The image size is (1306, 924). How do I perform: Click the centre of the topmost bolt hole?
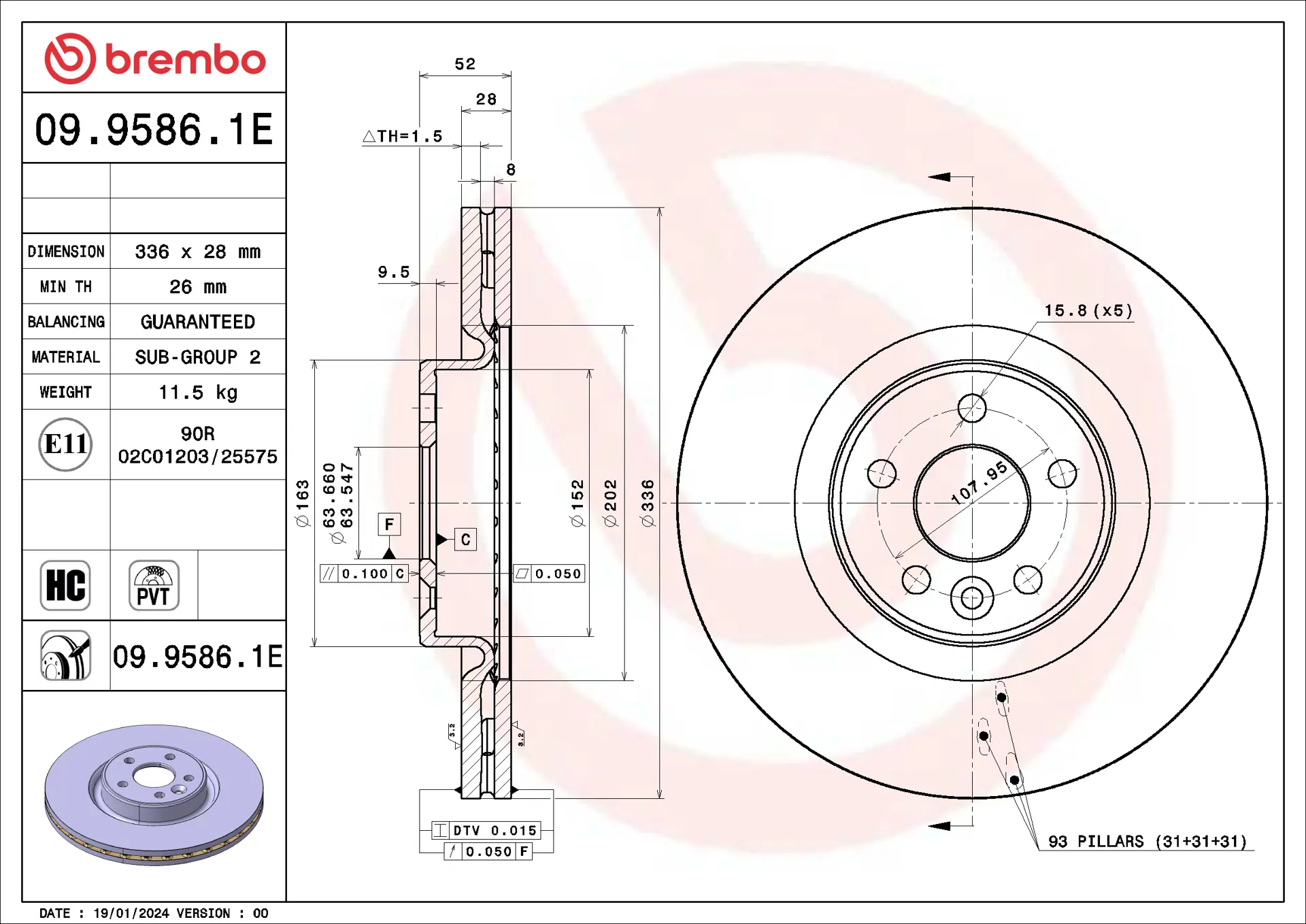coord(972,408)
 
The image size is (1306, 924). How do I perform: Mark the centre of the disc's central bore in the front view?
coord(972,503)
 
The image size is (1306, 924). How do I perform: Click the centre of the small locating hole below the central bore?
coord(972,598)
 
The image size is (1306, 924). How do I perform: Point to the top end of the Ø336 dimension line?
coord(660,208)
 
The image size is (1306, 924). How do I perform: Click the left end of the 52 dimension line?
coord(420,75)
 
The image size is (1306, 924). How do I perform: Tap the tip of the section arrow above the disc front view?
coord(929,177)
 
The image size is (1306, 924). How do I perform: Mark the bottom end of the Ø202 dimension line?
coord(624,680)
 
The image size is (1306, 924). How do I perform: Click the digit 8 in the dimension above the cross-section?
coord(511,169)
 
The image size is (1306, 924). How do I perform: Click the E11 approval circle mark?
coord(65,444)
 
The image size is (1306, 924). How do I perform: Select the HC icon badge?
coord(65,585)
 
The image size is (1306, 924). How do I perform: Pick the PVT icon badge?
coord(154,585)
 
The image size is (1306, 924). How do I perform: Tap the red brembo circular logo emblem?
coord(70,59)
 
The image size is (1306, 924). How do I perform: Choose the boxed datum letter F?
coord(389,524)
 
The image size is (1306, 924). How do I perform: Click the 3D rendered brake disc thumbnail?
coord(154,795)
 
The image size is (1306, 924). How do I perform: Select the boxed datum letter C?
coord(465,540)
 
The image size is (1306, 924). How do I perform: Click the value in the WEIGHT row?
coord(198,392)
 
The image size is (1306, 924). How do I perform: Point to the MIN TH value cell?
coord(198,286)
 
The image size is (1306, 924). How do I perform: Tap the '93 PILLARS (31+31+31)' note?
coord(1148,842)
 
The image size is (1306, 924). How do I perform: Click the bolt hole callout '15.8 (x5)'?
coord(1088,311)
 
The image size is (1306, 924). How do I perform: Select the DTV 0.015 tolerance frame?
coord(486,830)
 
